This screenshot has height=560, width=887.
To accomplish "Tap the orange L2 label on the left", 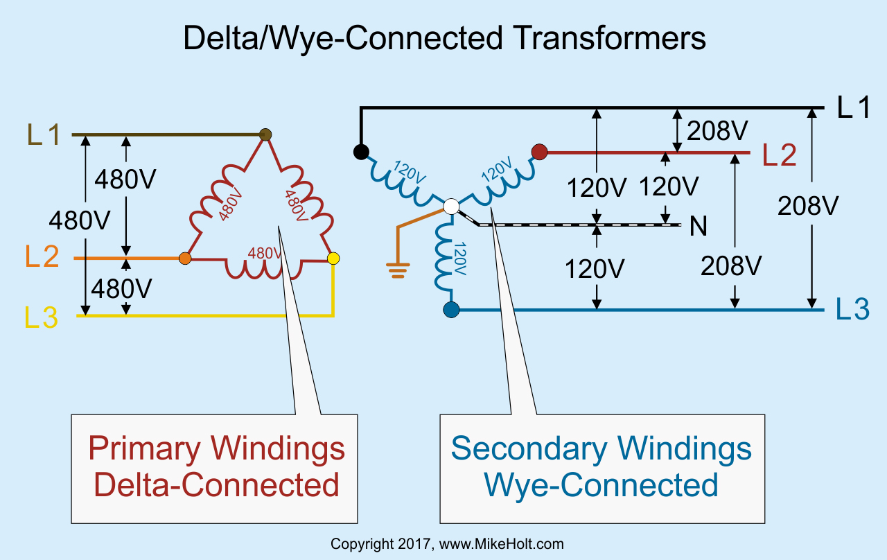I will point(42,258).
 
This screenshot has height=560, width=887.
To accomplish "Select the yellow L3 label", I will point(42,317).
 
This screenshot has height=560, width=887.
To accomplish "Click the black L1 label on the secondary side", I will point(853,107).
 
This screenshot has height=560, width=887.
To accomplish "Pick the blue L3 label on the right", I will point(852,310).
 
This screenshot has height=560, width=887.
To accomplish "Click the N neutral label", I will point(699,227).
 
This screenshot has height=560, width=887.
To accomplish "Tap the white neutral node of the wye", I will point(451,206).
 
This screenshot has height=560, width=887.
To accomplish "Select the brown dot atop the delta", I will point(264,134).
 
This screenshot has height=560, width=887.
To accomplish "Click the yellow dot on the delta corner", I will point(333,259).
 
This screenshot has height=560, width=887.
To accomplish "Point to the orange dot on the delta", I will point(185,259).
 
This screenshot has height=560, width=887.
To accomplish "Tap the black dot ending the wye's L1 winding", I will point(360,151).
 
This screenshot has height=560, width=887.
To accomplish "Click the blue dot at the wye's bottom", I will point(451,310).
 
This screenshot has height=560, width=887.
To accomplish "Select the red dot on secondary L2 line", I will point(539,151).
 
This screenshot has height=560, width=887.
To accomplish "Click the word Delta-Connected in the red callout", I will point(216,484).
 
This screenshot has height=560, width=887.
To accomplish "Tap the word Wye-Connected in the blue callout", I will point(601,484).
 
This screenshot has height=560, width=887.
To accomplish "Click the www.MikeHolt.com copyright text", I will point(500,544).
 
